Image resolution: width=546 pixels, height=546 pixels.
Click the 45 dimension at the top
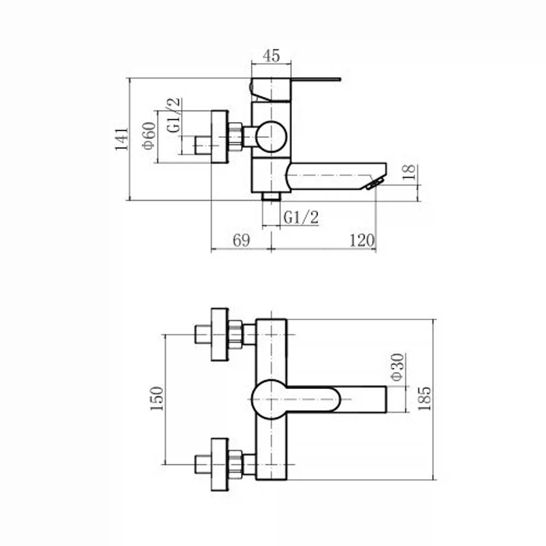pos(271,56)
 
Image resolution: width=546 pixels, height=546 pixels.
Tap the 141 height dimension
pos(122,139)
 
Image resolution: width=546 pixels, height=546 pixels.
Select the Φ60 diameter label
pos(149,135)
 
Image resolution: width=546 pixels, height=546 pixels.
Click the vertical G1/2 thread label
pos(174,115)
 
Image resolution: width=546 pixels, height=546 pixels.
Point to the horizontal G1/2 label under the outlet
pos(301,218)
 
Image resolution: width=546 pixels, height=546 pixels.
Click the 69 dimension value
pos(242,240)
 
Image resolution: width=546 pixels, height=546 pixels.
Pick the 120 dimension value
pos(362,240)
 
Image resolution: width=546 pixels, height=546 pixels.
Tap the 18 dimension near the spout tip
pos(409,172)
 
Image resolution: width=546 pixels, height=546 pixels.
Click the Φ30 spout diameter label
pos(398,367)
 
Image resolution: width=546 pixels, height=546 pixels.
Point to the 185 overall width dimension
pos(424,399)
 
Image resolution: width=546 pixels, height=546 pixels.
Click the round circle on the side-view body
pos(271,136)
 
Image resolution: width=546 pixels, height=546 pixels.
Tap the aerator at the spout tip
pos(375,183)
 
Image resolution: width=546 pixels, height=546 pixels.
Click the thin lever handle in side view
pos(315,79)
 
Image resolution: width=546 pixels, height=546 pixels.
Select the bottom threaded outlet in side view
pos(271,197)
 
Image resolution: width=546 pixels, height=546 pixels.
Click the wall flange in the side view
pos(220,136)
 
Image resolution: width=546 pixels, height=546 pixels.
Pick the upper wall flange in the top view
pos(220,334)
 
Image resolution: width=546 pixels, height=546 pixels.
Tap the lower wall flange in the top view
pos(220,465)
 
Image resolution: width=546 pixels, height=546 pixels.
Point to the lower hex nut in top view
pos(235,465)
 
